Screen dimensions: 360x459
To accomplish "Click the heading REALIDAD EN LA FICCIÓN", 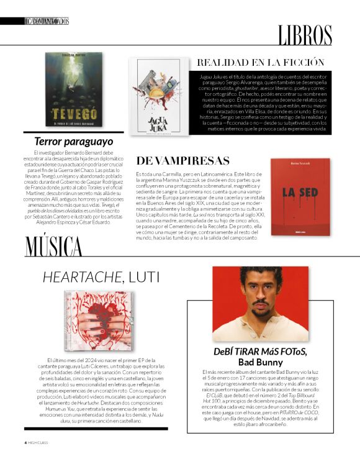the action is click(261, 62).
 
